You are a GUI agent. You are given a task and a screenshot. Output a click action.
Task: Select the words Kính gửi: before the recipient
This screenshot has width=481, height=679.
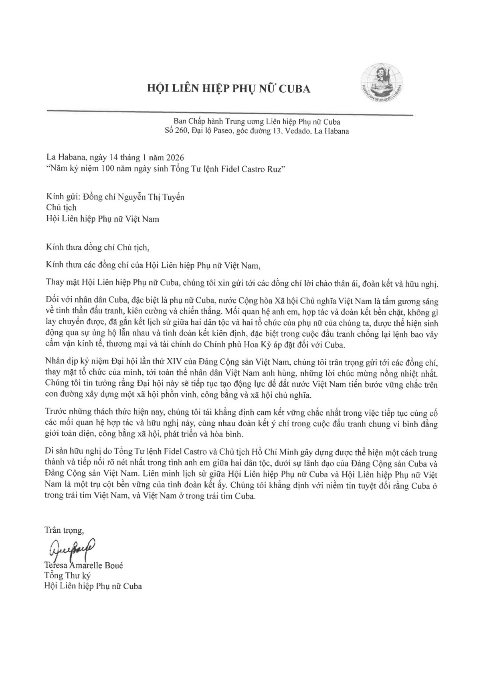(59, 198)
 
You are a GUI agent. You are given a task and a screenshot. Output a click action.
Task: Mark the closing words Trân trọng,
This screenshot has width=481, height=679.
(64, 530)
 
